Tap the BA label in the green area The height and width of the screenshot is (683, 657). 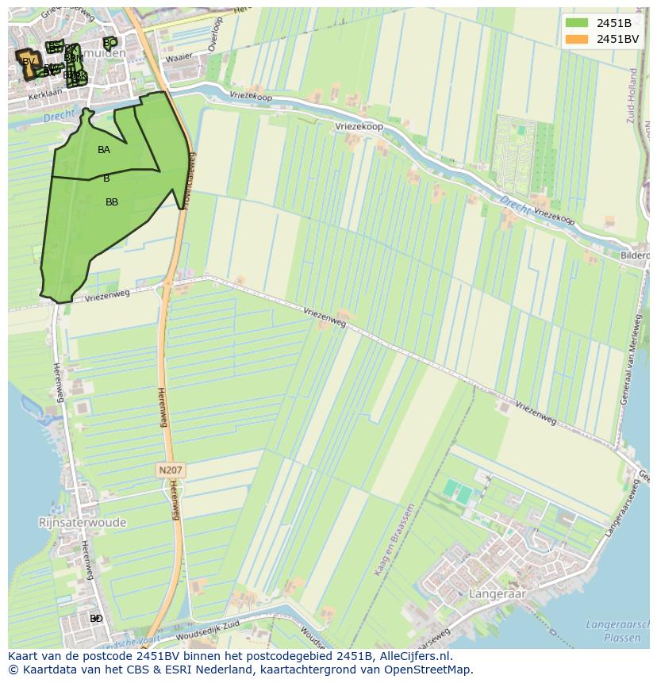(104, 150)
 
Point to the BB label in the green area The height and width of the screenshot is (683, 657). (112, 202)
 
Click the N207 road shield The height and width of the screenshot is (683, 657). (171, 470)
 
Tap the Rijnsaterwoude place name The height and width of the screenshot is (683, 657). (83, 523)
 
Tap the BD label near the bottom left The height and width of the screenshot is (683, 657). (96, 618)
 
